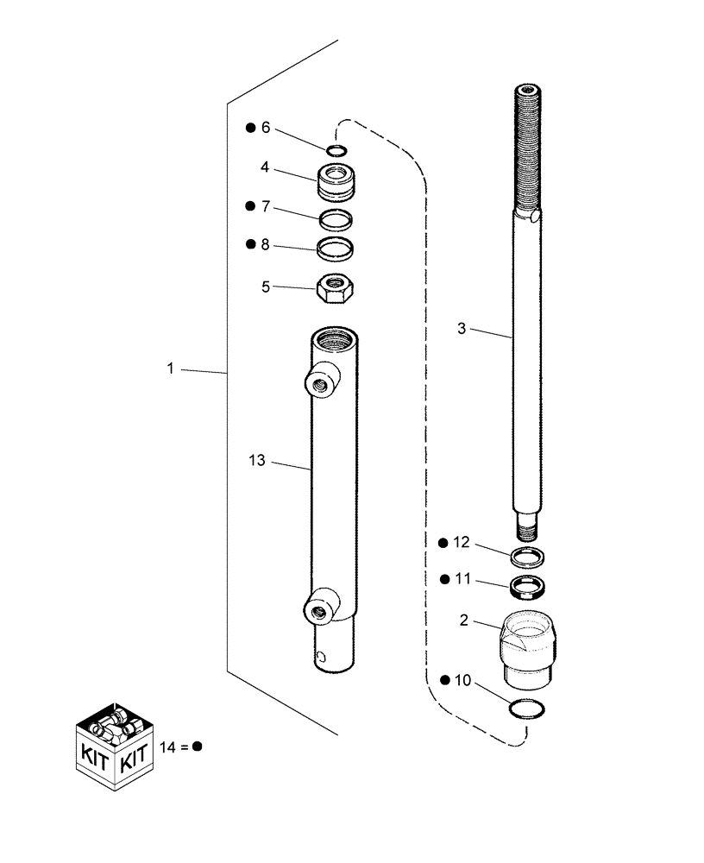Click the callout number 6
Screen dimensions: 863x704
pos(266,128)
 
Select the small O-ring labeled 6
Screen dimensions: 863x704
pos(337,151)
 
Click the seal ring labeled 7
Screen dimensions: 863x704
pos(336,217)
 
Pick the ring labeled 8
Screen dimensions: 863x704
pos(336,249)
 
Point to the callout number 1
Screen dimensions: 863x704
pos(171,369)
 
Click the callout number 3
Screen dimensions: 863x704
pos(462,328)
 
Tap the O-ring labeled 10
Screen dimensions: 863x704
pos(527,709)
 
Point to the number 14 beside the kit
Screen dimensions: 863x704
pos(167,747)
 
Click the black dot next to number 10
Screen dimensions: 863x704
pos(443,681)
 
